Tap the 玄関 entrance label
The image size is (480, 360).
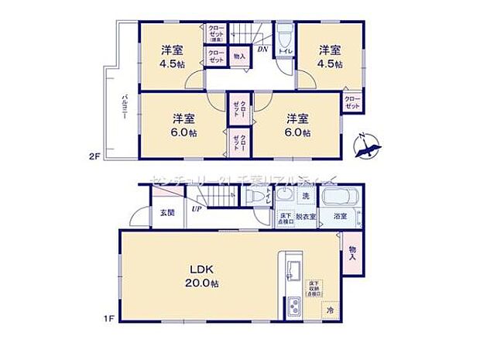pyautogui.click(x=167, y=212)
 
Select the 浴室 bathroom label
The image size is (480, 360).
pyautogui.click(x=339, y=217)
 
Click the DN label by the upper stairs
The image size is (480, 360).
pyautogui.click(x=263, y=48)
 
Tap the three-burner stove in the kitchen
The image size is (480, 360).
pyautogui.click(x=294, y=307)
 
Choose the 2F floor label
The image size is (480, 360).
pyautogui.click(x=94, y=156)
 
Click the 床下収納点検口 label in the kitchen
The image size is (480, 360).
pyautogui.click(x=314, y=289)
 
